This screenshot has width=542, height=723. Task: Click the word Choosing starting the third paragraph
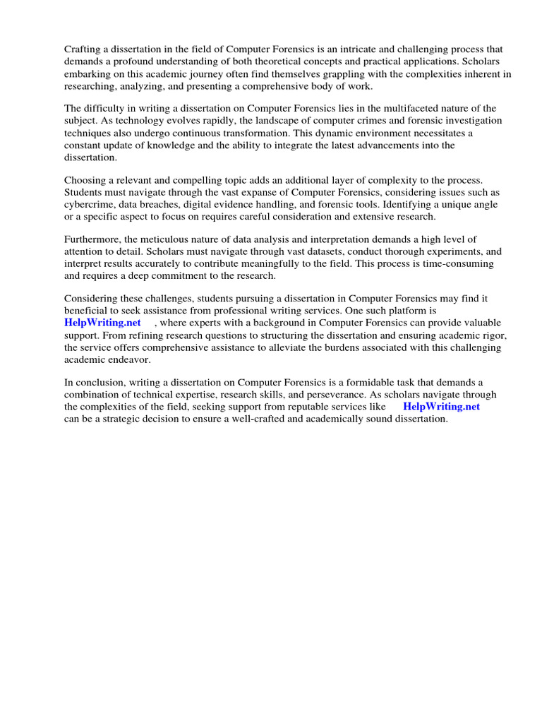(x=85, y=181)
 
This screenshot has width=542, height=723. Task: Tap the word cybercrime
(x=88, y=205)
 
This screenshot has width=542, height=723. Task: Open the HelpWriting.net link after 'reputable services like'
(x=441, y=407)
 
